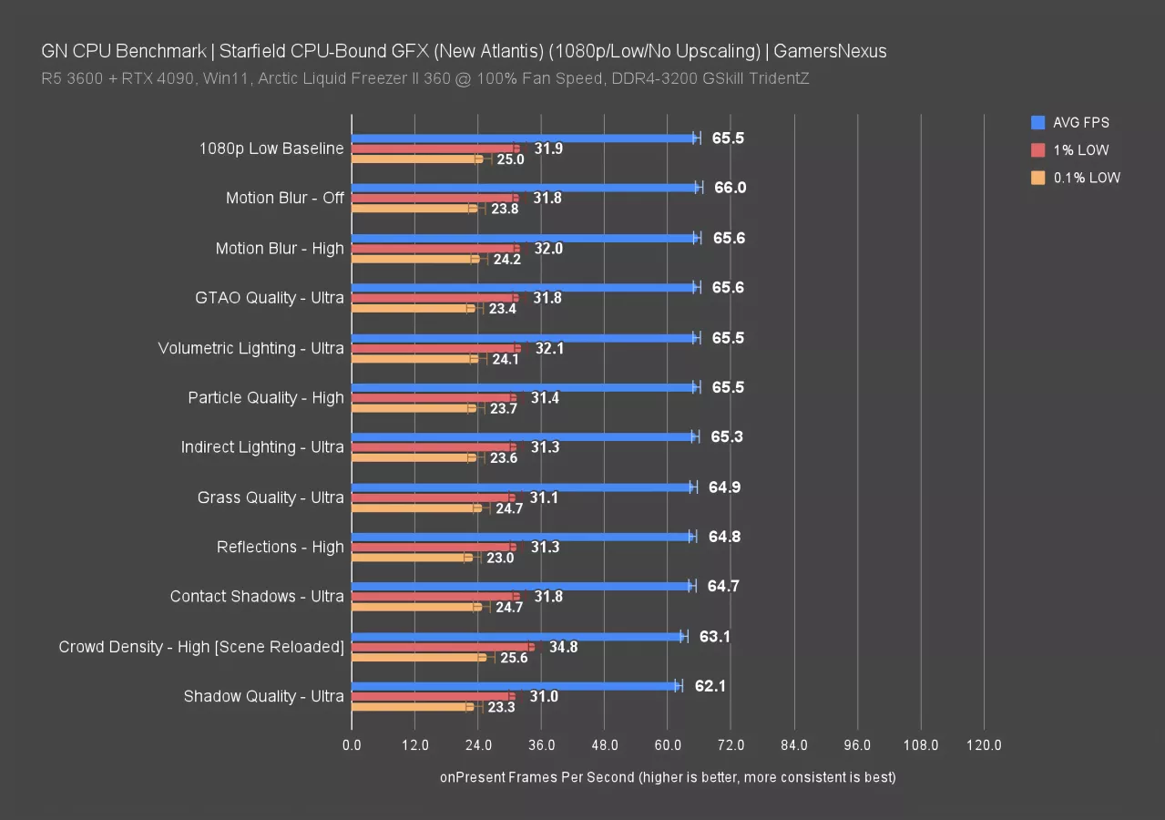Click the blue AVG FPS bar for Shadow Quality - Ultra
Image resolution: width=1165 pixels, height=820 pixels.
coord(515,685)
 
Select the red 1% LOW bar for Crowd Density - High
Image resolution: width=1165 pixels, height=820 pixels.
coord(443,647)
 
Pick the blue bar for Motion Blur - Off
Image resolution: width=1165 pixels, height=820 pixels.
coord(525,188)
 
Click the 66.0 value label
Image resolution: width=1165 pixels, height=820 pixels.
coord(730,188)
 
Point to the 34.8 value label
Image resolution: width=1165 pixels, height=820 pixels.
coord(562,647)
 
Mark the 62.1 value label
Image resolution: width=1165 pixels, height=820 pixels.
coord(710,685)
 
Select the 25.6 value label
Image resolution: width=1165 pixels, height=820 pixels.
coord(512,658)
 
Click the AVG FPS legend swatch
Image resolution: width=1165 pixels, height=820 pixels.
coord(1037,122)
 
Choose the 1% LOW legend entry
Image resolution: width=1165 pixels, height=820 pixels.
coord(1080,150)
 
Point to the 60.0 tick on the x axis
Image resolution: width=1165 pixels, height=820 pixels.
coord(668,745)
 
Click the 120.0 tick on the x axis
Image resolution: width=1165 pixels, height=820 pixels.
coord(984,745)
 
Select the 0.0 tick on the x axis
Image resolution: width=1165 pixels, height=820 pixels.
coord(352,745)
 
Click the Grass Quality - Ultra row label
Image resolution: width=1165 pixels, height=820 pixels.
coord(271,497)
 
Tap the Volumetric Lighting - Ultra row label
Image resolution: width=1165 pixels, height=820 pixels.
coord(250,348)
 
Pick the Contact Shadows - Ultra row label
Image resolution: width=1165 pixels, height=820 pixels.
coord(257,596)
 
